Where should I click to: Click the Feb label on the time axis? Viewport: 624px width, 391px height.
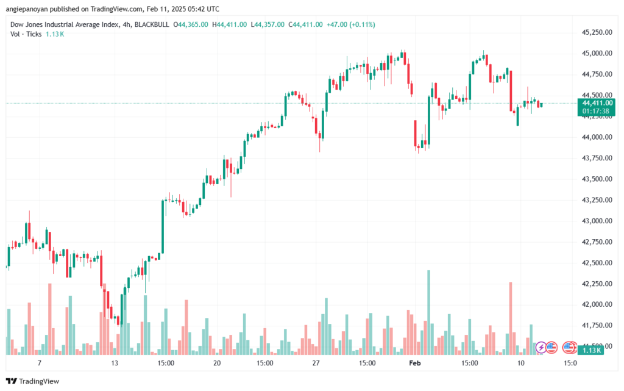coord(415,362)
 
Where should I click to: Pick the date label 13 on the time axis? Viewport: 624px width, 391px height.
coord(114,362)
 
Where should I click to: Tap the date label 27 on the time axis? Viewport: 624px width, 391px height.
coord(315,362)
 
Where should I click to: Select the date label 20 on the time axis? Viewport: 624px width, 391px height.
coord(216,362)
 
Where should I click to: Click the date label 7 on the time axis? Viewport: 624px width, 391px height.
coord(39,362)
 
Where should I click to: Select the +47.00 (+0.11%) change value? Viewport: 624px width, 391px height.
coord(350,24)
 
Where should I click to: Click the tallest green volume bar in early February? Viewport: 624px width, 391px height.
coord(429,312)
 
